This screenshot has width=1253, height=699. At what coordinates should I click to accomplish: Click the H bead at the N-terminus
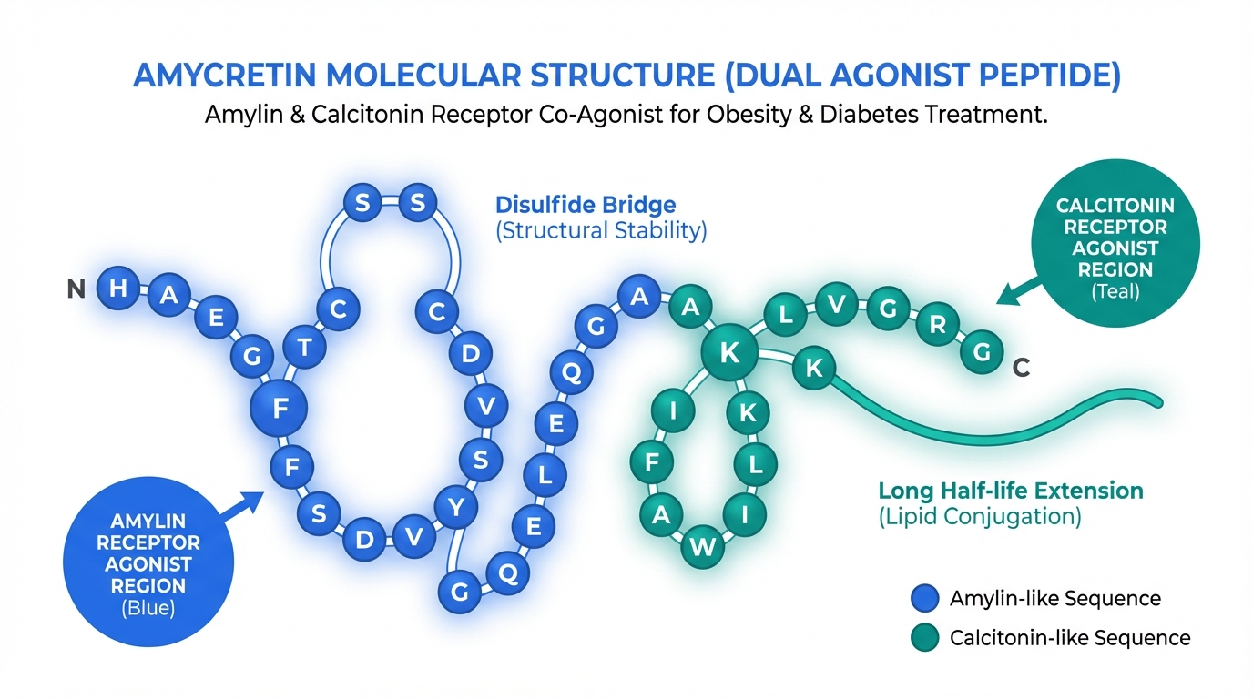click(117, 289)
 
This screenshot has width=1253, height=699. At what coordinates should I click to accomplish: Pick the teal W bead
click(703, 546)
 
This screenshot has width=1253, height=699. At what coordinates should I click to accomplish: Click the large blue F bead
click(279, 410)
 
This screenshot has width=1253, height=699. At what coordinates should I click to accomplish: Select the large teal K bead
click(729, 353)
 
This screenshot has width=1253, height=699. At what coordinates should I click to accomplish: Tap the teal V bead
click(836, 305)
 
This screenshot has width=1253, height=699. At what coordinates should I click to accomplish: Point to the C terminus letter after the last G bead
click(1021, 368)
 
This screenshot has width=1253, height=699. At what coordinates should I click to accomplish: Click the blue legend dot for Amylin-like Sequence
click(924, 598)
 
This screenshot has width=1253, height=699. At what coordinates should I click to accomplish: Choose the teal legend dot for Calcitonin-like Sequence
click(924, 637)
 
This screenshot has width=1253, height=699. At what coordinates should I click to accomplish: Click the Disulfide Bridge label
click(586, 204)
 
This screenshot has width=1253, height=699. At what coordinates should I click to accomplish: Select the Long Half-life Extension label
click(1010, 491)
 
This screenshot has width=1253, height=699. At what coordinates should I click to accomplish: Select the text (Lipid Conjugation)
click(979, 518)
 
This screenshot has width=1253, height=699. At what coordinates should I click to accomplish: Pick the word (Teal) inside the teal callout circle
click(1115, 291)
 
